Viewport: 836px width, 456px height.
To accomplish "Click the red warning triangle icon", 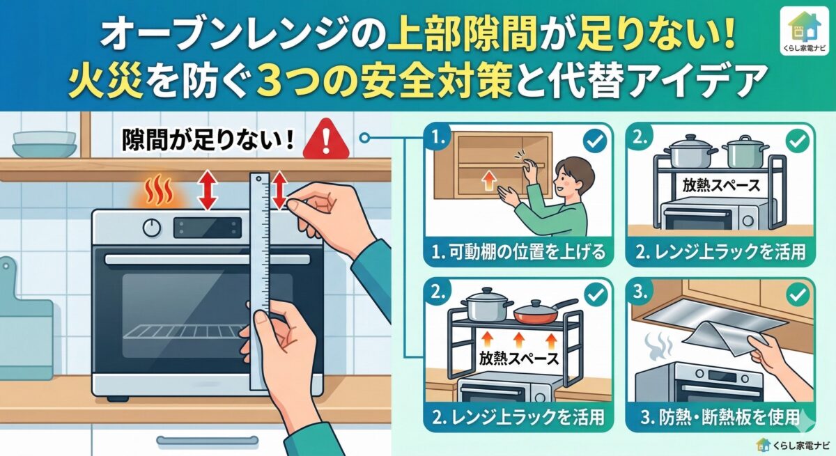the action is click(326, 140).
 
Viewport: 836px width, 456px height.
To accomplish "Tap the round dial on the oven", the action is click(153, 227).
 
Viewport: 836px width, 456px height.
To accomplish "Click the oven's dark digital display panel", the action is click(208, 228).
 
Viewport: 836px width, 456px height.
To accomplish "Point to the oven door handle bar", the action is click(208, 260).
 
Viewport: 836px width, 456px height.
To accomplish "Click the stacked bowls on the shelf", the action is click(45, 144).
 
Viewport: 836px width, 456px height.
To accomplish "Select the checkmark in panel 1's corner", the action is click(594, 141).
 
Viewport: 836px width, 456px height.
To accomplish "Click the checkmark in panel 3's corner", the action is click(798, 295).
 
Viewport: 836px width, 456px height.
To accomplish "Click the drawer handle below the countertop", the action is click(208, 441).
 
